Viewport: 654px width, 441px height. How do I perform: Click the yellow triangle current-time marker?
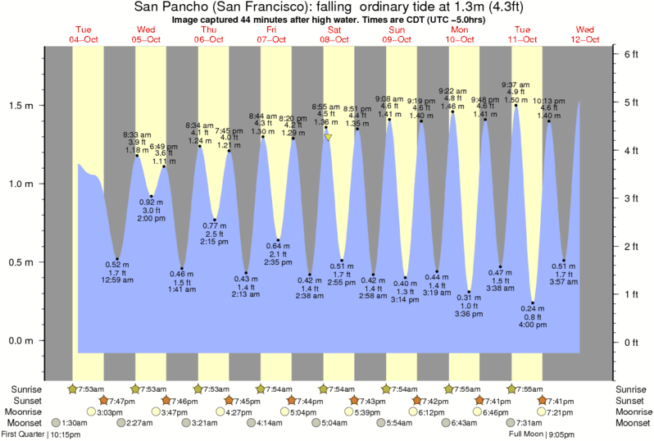pyautogui.click(x=328, y=138)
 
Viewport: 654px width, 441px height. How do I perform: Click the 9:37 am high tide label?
pyautogui.click(x=515, y=84)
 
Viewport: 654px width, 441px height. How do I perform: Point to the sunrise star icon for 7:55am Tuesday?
pyautogui.click(x=511, y=389)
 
